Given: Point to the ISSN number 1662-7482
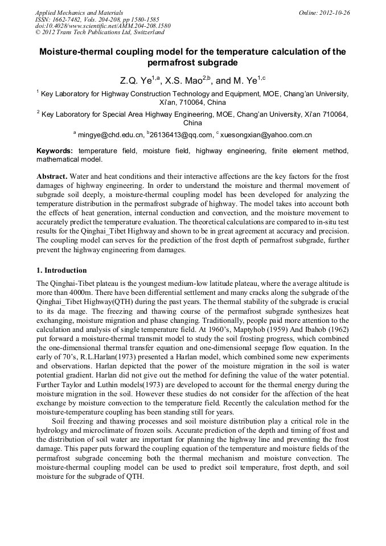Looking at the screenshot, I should tap(71, 19).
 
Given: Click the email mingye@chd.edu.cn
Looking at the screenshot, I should tap(109, 136).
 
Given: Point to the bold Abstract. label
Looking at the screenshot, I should tap(53, 176).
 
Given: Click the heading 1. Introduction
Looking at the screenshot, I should tap(61, 270).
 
